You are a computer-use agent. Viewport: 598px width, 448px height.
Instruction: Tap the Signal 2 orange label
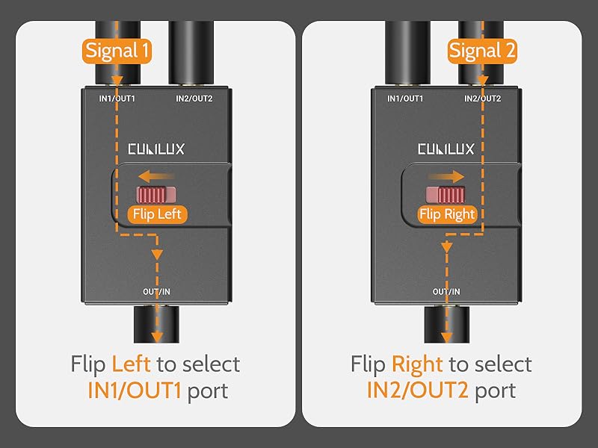482,51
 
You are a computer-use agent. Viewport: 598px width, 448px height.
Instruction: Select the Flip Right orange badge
447,214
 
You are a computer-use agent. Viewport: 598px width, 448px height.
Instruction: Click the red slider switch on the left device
155,195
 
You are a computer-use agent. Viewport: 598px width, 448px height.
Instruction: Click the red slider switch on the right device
447,195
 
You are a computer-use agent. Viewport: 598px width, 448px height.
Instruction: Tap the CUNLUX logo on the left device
155,149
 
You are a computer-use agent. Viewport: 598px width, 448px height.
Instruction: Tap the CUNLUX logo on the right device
446,149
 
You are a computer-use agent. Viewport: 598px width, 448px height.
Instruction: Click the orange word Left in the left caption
131,364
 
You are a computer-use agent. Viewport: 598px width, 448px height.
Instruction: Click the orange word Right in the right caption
417,364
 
